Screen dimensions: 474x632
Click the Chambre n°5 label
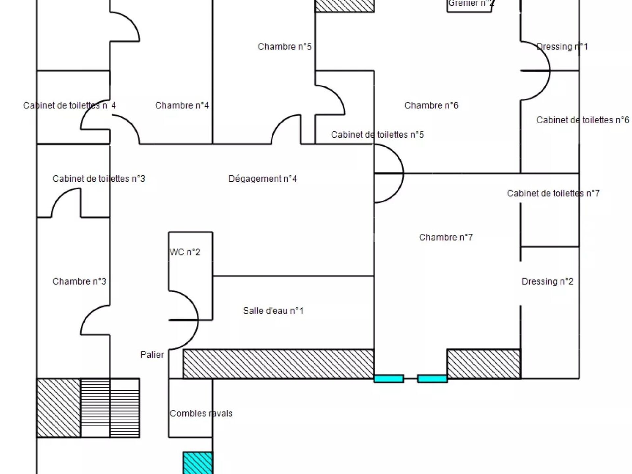pyautogui.click(x=284, y=47)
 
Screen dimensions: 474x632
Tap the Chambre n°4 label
pyautogui.click(x=182, y=105)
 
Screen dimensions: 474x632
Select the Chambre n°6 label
pyautogui.click(x=431, y=105)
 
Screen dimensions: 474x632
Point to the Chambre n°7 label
pyautogui.click(x=446, y=237)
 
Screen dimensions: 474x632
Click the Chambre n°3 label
pyautogui.click(x=79, y=281)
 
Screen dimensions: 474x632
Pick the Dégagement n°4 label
pyautogui.click(x=262, y=179)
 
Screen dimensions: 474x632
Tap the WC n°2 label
pyautogui.click(x=185, y=252)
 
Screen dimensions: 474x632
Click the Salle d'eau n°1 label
pyautogui.click(x=273, y=311)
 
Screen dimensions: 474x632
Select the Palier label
pyautogui.click(x=152, y=355)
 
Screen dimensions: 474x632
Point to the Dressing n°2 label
pyautogui.click(x=547, y=281)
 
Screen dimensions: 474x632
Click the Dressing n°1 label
pyautogui.click(x=562, y=47)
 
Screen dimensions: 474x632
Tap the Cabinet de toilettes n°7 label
pyautogui.click(x=553, y=193)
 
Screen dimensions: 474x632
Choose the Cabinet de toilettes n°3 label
pyautogui.click(x=99, y=179)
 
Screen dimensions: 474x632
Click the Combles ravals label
pyautogui.click(x=201, y=413)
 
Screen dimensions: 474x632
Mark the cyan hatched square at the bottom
pyautogui.click(x=197, y=463)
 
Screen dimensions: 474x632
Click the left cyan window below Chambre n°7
pyautogui.click(x=389, y=379)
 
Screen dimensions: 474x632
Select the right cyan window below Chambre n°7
pyautogui.click(x=432, y=379)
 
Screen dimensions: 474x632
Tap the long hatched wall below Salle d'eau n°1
pyautogui.click(x=278, y=364)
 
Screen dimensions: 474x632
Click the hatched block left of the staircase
pyautogui.click(x=58, y=408)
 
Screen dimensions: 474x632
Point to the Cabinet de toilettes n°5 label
pyautogui.click(x=377, y=135)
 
